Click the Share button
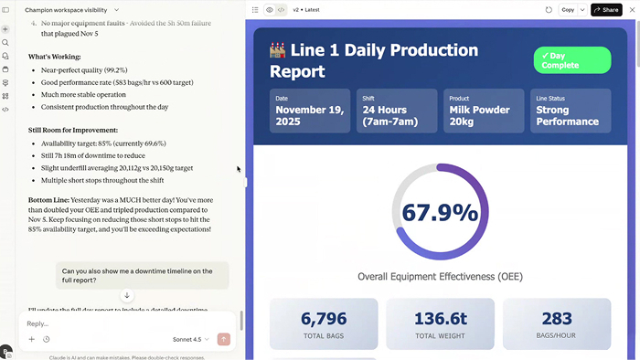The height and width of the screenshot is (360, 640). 606,9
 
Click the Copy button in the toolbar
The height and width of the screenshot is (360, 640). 568,9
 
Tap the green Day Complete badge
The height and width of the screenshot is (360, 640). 572,60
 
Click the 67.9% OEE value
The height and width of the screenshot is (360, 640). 440,213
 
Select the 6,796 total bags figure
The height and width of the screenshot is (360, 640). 324,318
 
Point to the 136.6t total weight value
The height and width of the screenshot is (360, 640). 440,318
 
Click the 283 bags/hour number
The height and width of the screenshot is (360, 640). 556,318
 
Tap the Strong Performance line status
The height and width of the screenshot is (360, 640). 567,116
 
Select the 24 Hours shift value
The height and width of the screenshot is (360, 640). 393,116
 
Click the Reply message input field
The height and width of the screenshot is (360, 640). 119,323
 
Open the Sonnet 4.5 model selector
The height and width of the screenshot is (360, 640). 190,339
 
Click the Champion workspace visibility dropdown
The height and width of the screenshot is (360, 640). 72,9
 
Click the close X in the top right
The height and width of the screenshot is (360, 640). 632,9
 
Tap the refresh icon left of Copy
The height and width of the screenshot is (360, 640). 549,9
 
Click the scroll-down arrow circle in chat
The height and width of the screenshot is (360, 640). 127,295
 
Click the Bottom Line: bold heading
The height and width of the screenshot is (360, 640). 51,199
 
